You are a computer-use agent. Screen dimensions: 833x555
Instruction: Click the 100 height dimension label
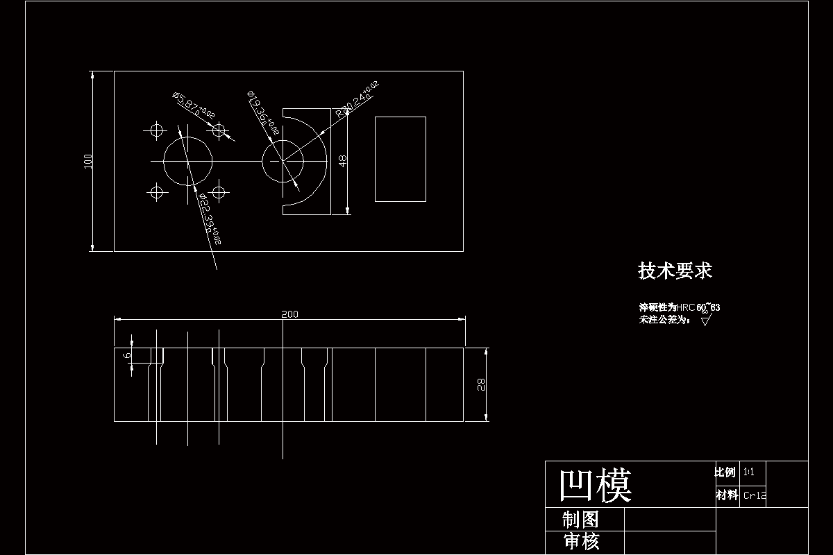point(87,161)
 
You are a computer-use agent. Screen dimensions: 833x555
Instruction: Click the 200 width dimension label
point(289,314)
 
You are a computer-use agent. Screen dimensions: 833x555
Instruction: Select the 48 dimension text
point(342,161)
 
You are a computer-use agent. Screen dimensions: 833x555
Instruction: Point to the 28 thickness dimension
point(481,384)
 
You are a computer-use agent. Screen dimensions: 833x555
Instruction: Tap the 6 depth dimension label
point(126,356)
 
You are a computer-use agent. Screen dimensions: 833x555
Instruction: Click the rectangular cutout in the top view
point(401,159)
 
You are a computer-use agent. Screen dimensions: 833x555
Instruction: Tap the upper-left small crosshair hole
point(155,130)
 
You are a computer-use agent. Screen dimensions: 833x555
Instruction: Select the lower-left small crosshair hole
point(156,191)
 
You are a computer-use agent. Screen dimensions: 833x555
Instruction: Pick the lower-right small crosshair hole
point(219,191)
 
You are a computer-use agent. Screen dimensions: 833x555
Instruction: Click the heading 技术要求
point(675,271)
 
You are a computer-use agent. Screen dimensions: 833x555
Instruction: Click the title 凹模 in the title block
point(596,484)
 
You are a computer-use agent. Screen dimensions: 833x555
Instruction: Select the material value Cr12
point(755,495)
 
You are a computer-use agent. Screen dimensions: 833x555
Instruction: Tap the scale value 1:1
point(749,472)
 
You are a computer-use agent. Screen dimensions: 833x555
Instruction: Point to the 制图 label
point(580,519)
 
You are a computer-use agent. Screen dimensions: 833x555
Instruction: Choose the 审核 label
point(581,542)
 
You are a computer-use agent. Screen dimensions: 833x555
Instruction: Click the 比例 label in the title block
point(725,472)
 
